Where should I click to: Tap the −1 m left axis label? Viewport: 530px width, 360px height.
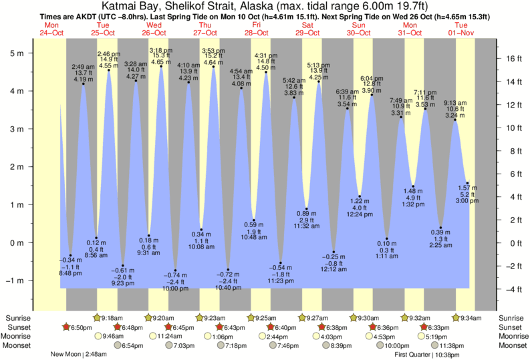(x=14, y=280)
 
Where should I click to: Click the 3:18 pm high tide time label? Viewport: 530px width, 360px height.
(x=159, y=51)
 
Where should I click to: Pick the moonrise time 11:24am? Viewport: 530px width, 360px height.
(x=168, y=336)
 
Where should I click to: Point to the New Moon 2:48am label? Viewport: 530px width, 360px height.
(x=79, y=355)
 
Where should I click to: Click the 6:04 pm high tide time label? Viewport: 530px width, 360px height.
(x=371, y=78)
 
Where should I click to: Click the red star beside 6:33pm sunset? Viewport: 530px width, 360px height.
(x=423, y=327)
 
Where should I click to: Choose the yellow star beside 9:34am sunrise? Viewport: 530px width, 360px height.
(x=456, y=318)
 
